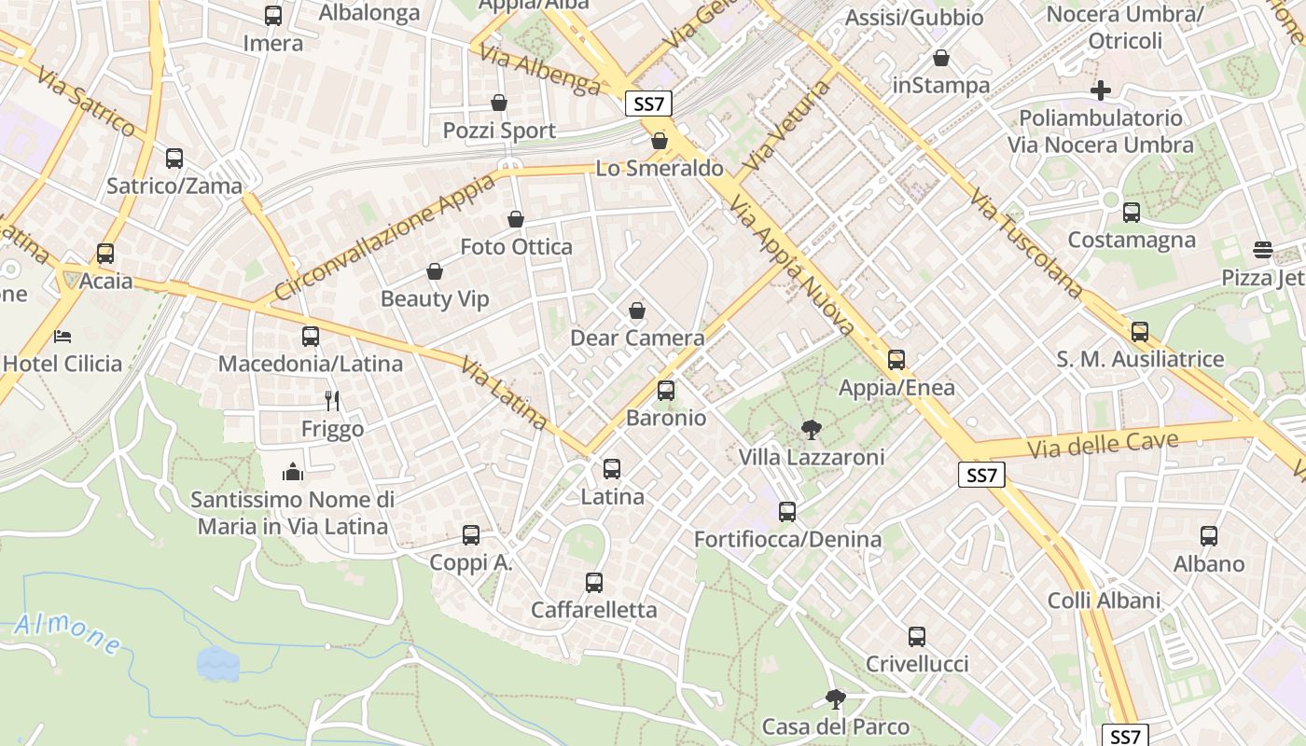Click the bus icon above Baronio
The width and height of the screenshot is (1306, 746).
coord(666,391)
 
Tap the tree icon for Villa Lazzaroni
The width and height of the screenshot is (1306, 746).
coord(812,430)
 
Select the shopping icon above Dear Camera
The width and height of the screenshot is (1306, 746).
coord(637,311)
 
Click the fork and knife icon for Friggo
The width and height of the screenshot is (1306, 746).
coord(332,401)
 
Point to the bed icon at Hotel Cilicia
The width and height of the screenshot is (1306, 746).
coord(63,336)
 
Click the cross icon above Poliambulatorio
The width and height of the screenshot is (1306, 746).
coord(1101,90)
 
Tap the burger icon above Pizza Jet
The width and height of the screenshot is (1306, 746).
coord(1263,250)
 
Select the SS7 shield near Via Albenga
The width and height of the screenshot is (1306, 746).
coord(648,104)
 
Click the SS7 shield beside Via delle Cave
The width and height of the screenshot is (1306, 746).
coord(982,476)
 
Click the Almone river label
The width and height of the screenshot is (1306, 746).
coord(67,633)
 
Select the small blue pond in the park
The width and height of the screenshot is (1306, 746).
coord(217,663)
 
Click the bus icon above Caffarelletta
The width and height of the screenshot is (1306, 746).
coord(594,583)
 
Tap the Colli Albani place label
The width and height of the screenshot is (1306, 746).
coord(1104,601)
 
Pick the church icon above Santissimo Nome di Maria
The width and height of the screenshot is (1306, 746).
coord(293,472)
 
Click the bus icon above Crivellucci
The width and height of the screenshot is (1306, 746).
coord(917,637)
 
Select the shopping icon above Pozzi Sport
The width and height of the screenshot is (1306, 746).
coord(499,103)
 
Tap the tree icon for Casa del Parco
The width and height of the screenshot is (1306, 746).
coord(836,699)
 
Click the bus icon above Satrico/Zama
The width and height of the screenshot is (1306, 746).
coord(174,159)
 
